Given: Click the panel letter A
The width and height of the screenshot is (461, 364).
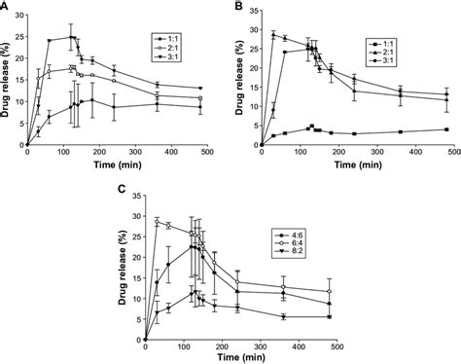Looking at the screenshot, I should [8, 8].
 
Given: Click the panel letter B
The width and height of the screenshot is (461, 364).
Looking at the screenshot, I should [236, 8].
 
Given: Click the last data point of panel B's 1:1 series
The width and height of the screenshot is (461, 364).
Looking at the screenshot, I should [445, 129].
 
